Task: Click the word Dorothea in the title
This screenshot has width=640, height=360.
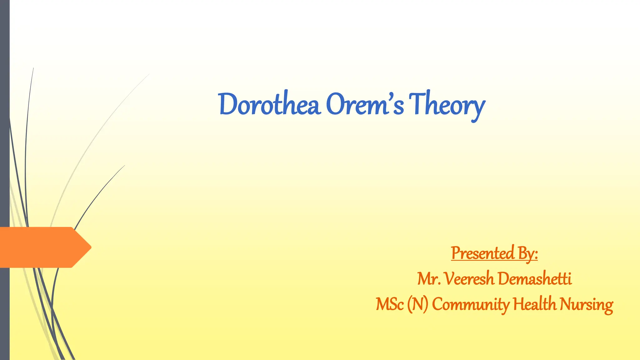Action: [269, 104]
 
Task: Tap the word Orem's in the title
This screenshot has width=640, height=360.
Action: [365, 104]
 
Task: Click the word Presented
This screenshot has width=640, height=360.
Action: [482, 253]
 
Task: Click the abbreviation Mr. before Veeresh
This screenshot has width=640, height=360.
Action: [429, 279]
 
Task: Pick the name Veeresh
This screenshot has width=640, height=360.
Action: [469, 279]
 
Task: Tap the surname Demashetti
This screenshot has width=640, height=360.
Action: [535, 279]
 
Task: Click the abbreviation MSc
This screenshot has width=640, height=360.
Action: [390, 304]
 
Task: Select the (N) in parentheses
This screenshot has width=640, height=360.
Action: [417, 304]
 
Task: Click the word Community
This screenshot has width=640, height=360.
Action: [471, 304]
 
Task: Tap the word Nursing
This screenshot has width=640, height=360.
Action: [586, 304]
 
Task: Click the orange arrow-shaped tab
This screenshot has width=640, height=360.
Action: [41, 247]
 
